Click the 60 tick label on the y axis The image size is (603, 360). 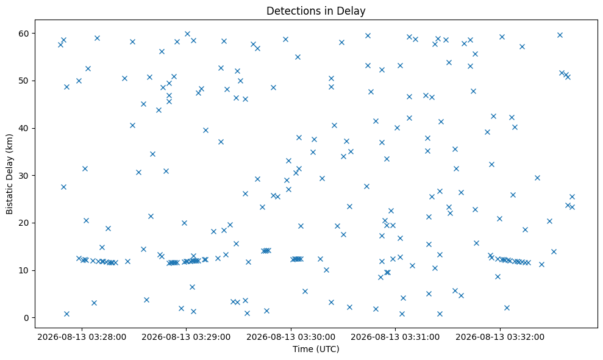(x=24, y=34)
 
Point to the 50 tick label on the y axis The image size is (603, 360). (x=24, y=81)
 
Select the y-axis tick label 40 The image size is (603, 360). (x=24, y=128)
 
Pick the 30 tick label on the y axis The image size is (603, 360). (x=24, y=176)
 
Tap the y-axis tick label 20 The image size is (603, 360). (x=24, y=223)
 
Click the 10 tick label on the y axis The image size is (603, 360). (x=24, y=270)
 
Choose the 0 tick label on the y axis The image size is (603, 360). (x=27, y=318)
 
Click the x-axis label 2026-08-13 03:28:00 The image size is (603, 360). (x=82, y=337)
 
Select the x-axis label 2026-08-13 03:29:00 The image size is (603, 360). (x=186, y=337)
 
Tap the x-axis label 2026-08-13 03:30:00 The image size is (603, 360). (x=291, y=337)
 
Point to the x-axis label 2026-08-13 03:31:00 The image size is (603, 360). (x=395, y=337)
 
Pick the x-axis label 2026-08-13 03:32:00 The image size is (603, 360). (x=500, y=337)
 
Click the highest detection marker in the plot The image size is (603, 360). (x=187, y=34)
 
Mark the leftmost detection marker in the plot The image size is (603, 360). (x=60, y=45)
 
